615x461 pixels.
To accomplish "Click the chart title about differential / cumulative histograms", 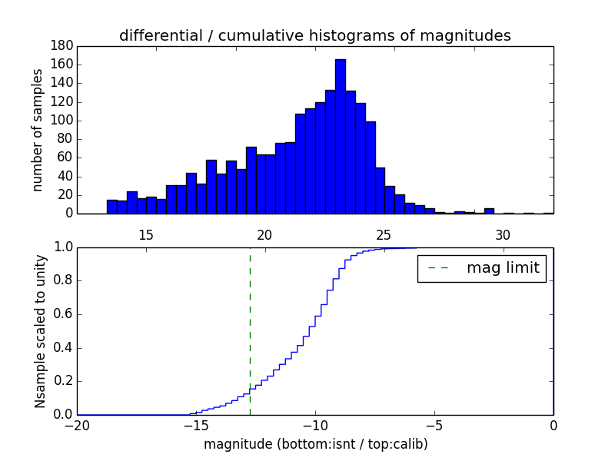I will (x=315, y=35).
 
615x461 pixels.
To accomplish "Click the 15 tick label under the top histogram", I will (x=145, y=234).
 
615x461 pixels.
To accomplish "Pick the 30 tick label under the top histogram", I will (x=503, y=234).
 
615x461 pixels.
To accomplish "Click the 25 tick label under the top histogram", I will (x=384, y=234).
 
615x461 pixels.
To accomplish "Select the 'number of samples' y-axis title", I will (x=38, y=130).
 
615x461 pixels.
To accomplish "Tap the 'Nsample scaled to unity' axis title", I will (x=40, y=330).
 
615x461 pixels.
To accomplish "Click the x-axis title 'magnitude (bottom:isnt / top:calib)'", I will (x=315, y=444).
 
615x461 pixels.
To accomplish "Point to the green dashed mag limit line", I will (x=250, y=330).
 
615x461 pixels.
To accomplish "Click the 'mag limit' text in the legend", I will (x=503, y=268).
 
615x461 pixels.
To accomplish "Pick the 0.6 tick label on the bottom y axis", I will (x=62, y=314).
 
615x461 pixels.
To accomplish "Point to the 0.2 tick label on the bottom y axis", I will (x=62, y=381).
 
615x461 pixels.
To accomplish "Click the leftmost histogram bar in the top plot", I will (x=112, y=207).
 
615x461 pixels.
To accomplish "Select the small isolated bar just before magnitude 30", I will (x=489, y=211).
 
